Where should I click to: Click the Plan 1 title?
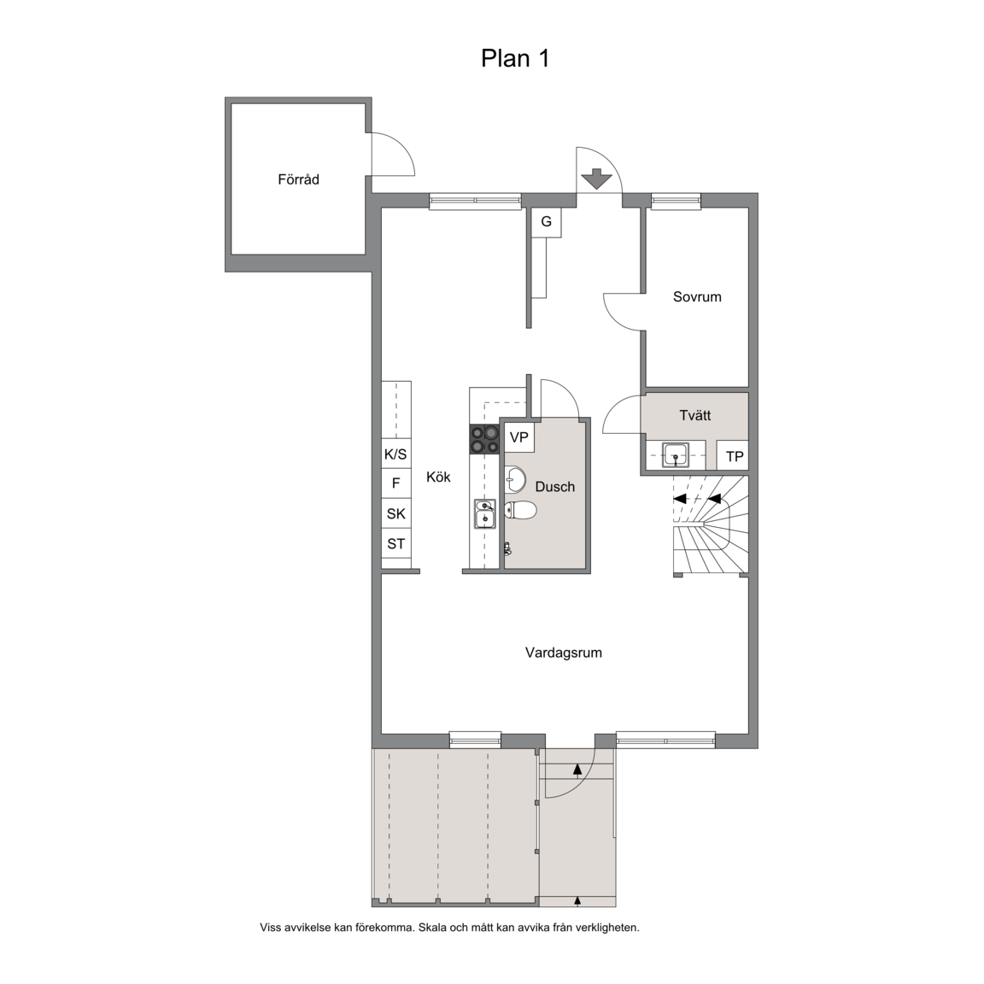pyautogui.click(x=515, y=58)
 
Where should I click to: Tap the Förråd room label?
pyautogui.click(x=299, y=179)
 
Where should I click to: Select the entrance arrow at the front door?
pyautogui.click(x=596, y=179)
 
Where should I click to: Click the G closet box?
pyautogui.click(x=546, y=222)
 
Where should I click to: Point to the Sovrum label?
pyautogui.click(x=697, y=297)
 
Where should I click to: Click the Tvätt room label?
pyautogui.click(x=695, y=415)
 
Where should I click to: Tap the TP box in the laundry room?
pyautogui.click(x=733, y=455)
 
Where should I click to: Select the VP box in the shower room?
pyautogui.click(x=519, y=436)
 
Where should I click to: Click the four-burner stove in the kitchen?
pyautogui.click(x=484, y=439)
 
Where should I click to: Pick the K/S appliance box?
pyautogui.click(x=396, y=454)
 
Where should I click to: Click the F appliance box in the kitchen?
pyautogui.click(x=396, y=483)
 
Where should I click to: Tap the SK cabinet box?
pyautogui.click(x=396, y=513)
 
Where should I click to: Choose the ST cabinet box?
pyautogui.click(x=396, y=543)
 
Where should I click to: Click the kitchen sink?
pyautogui.click(x=484, y=514)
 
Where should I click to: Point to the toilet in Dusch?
pyautogui.click(x=520, y=510)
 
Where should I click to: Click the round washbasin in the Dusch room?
pyautogui.click(x=515, y=480)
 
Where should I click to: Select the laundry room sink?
pyautogui.click(x=676, y=455)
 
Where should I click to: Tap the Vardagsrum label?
pyautogui.click(x=564, y=653)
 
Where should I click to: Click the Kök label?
pyautogui.click(x=439, y=477)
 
